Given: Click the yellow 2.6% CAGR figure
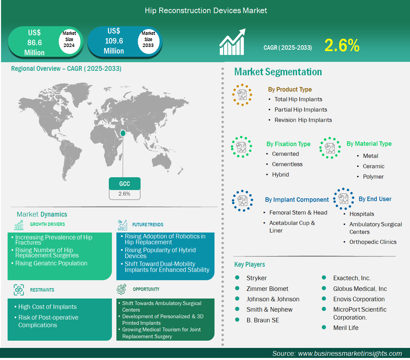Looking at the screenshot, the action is coord(342,45).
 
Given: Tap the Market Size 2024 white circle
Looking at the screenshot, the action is coord(69,39).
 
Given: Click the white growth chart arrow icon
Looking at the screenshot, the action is coord(232,42).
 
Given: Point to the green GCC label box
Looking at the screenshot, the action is coord(124,184).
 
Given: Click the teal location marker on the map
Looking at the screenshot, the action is coord(123,133).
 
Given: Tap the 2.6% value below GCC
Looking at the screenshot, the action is coord(124,194).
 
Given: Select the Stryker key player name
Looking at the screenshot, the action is coord(257,278).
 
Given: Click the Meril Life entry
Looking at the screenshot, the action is coord(346,328).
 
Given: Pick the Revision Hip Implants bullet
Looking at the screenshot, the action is coord(303,120).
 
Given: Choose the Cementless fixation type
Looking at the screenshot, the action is coord(287,164).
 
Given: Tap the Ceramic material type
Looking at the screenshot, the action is coord(373,167).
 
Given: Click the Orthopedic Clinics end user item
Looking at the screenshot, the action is coord(373,242).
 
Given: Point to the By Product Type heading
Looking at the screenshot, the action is coord(290,89).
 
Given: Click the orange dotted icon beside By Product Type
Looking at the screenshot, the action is coord(242,95).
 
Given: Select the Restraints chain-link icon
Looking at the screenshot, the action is coord(19,290).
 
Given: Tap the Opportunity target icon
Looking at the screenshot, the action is coord(122,289).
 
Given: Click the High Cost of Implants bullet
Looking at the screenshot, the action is coord(47,307).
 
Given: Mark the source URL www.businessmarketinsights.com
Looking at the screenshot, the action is coord(350,353).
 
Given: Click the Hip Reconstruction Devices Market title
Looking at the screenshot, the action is coord(206,10).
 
